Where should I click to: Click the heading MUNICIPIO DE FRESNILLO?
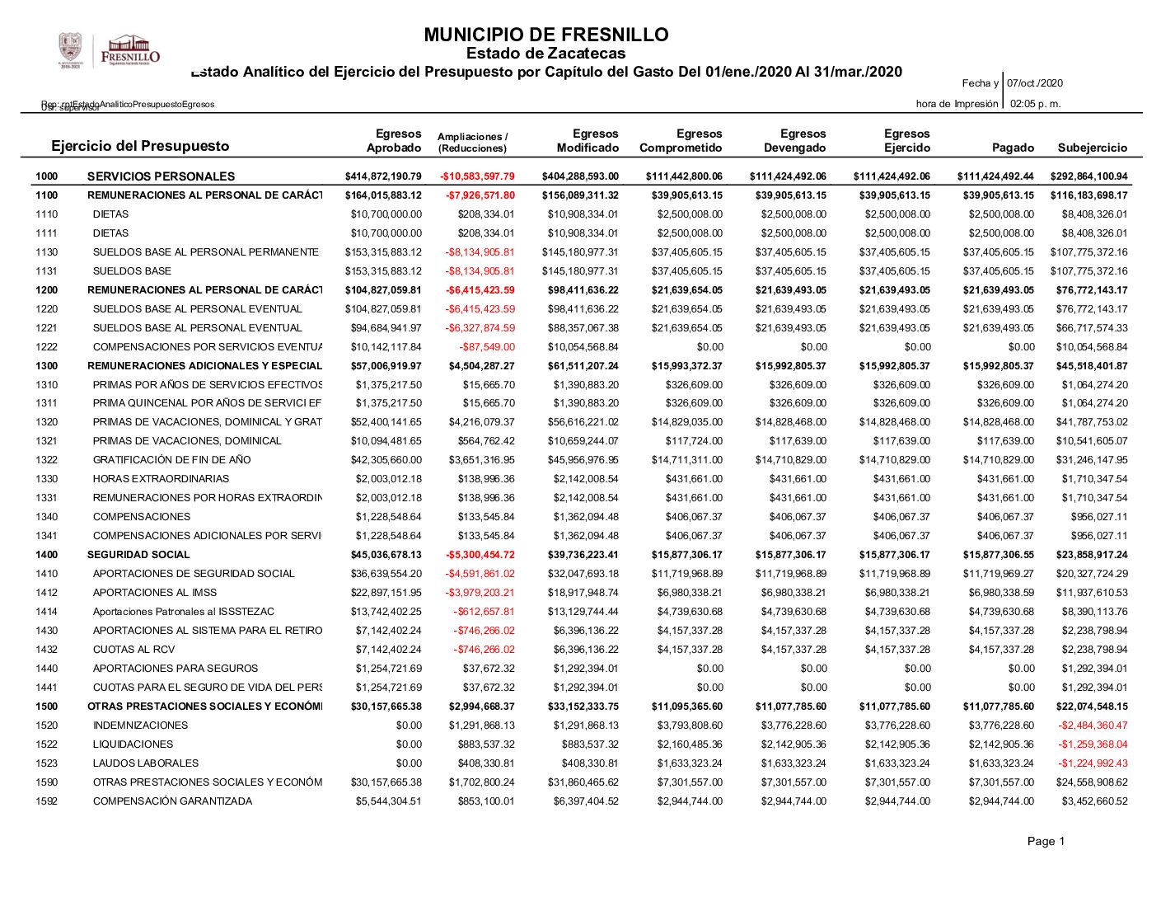545,35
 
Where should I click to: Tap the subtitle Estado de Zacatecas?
545,54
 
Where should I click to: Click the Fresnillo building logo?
130,50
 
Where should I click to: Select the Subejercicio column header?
1092,148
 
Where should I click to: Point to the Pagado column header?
1013,148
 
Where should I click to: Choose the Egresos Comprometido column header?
681,141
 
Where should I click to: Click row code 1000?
47,176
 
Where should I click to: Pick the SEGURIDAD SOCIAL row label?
138,555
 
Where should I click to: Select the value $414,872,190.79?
383,176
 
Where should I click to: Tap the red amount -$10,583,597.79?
477,176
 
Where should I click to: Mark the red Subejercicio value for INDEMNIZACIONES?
1093,726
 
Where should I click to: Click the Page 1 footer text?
1046,841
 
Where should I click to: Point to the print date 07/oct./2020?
1035,83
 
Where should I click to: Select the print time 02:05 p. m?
1035,104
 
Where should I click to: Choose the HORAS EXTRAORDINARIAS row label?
162,479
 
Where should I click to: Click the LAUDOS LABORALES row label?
146,763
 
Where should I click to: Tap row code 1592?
47,801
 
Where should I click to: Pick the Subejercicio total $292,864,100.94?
1088,176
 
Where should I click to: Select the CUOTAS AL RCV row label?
134,650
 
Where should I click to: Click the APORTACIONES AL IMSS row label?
155,593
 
